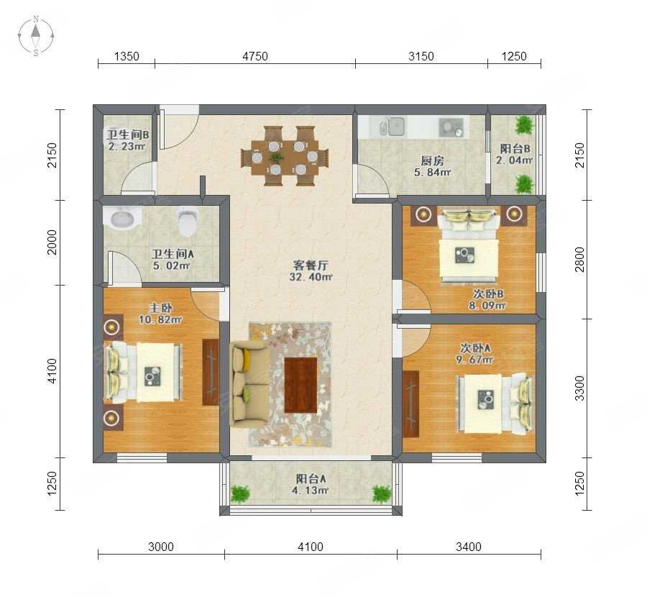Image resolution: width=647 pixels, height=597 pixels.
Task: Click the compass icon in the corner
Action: pos(36,35)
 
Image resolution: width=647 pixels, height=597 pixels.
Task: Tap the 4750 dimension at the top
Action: pos(255,56)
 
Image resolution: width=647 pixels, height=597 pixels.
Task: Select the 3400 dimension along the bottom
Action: pos(468,547)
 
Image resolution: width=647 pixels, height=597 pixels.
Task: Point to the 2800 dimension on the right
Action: pos(579,259)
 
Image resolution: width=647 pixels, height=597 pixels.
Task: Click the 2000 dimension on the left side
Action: pos(52,242)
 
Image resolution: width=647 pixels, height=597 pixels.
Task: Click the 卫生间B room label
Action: pos(127,135)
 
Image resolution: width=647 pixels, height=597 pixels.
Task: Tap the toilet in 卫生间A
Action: pos(188,221)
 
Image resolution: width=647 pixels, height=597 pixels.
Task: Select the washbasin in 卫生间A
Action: pos(122,217)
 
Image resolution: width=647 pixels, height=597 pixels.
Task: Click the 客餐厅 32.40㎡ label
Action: pos(311,271)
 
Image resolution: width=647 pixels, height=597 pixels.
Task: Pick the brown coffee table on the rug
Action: pos(300,385)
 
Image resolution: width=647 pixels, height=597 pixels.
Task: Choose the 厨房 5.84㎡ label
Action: pos(432,166)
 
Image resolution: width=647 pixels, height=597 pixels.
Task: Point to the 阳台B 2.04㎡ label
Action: pos(515,154)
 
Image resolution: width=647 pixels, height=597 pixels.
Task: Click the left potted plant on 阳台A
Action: pos(240,494)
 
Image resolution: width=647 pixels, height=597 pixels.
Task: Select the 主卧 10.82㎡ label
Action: pos(160,314)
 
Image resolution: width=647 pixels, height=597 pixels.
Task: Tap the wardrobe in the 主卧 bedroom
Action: pos(211,372)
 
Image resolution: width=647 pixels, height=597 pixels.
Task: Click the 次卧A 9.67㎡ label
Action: pos(474,354)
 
